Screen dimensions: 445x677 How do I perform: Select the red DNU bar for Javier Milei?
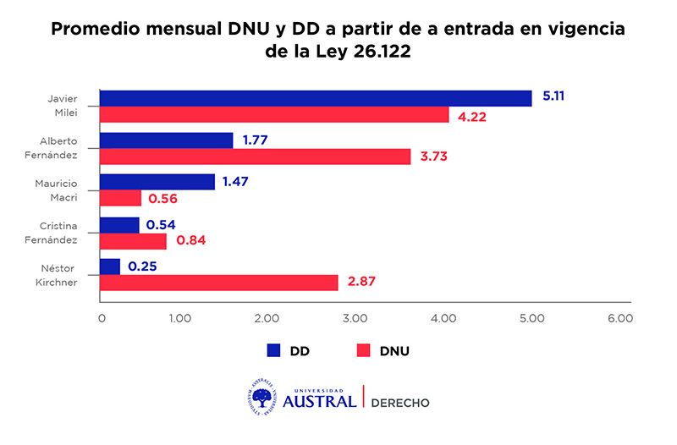pyautogui.click(x=274, y=114)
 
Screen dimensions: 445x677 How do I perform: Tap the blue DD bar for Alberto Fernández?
pyautogui.click(x=167, y=140)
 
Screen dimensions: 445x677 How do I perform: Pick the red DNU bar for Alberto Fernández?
pyautogui.click(x=255, y=157)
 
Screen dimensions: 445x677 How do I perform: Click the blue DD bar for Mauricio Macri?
pyautogui.click(x=157, y=182)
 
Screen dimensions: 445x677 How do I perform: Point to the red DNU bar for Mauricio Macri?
pyautogui.click(x=120, y=198)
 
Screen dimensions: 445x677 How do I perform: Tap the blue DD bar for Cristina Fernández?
pyautogui.click(x=119, y=225)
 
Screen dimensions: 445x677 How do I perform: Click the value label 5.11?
pyautogui.click(x=553, y=96)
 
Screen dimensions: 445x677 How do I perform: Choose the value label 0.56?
pyautogui.click(x=165, y=199)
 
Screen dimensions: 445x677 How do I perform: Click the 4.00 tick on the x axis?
pyautogui.click(x=443, y=319)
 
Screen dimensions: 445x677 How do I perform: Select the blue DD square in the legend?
pyautogui.click(x=273, y=350)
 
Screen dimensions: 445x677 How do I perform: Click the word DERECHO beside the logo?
pyautogui.click(x=400, y=403)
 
